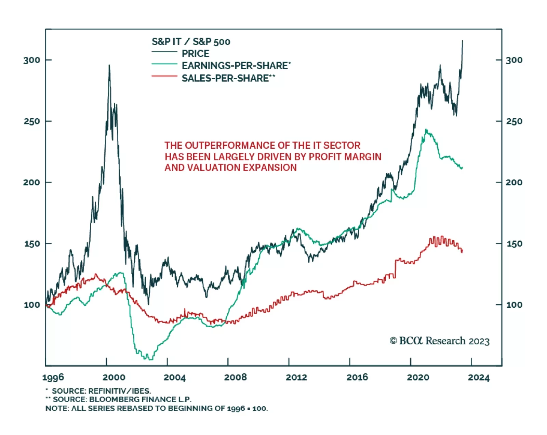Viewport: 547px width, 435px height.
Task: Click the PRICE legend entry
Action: coord(195,54)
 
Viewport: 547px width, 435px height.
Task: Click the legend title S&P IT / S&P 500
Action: coord(191,42)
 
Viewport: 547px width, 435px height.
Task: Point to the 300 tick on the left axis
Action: coord(32,60)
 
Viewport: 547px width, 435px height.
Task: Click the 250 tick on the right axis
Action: coord(514,121)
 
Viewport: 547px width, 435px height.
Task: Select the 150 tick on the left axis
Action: coord(32,244)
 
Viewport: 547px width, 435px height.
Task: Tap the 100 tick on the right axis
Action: coord(514,305)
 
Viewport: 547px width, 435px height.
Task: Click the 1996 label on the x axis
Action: coord(53,378)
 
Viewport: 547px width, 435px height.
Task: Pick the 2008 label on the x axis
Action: coord(235,378)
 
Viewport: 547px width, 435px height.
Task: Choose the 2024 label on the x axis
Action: coord(479,378)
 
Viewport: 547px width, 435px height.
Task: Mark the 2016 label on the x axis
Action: coord(357,378)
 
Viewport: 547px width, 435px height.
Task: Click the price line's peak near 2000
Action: coord(109,65)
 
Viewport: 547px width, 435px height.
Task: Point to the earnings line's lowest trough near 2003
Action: coord(150,359)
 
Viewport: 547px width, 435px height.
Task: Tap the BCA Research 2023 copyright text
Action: coord(439,341)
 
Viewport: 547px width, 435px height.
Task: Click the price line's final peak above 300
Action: coord(463,41)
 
